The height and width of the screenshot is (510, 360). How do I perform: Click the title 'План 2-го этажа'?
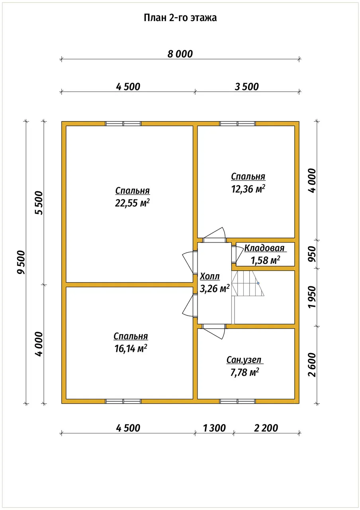[180, 18]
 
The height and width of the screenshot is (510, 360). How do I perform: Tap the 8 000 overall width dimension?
[180, 54]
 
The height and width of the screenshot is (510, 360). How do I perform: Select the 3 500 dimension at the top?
[247, 87]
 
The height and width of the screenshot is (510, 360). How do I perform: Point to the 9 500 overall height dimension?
[21, 262]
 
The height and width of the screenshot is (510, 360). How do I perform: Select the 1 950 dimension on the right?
[312, 297]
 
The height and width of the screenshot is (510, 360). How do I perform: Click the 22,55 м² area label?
[132, 203]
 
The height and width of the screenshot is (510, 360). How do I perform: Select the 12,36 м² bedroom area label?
[248, 189]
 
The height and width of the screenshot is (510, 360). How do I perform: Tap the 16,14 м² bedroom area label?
[131, 349]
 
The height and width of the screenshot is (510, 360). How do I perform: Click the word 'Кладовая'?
[264, 248]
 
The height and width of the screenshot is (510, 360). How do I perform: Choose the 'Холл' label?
[210, 277]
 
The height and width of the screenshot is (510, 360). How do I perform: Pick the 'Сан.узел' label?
[244, 360]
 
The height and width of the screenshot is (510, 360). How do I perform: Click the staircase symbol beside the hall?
[248, 283]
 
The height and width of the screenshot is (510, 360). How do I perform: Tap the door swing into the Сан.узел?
[214, 332]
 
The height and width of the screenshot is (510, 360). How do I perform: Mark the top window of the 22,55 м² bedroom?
[123, 124]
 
